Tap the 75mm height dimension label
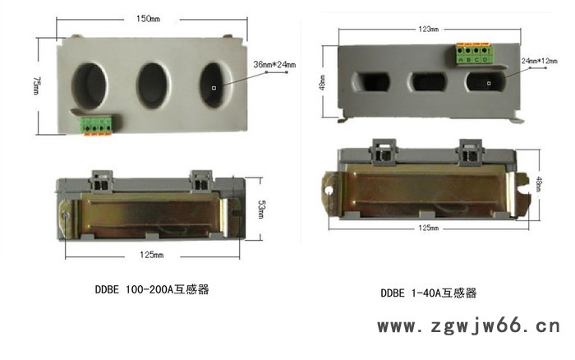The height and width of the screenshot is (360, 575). tap(37, 85)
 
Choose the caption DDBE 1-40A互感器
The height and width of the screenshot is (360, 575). tap(428, 293)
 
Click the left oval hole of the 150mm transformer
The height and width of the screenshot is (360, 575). tap(90, 84)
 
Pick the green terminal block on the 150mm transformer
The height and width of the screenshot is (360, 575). tap(94, 127)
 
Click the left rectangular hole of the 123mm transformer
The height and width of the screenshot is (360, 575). tap(370, 83)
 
